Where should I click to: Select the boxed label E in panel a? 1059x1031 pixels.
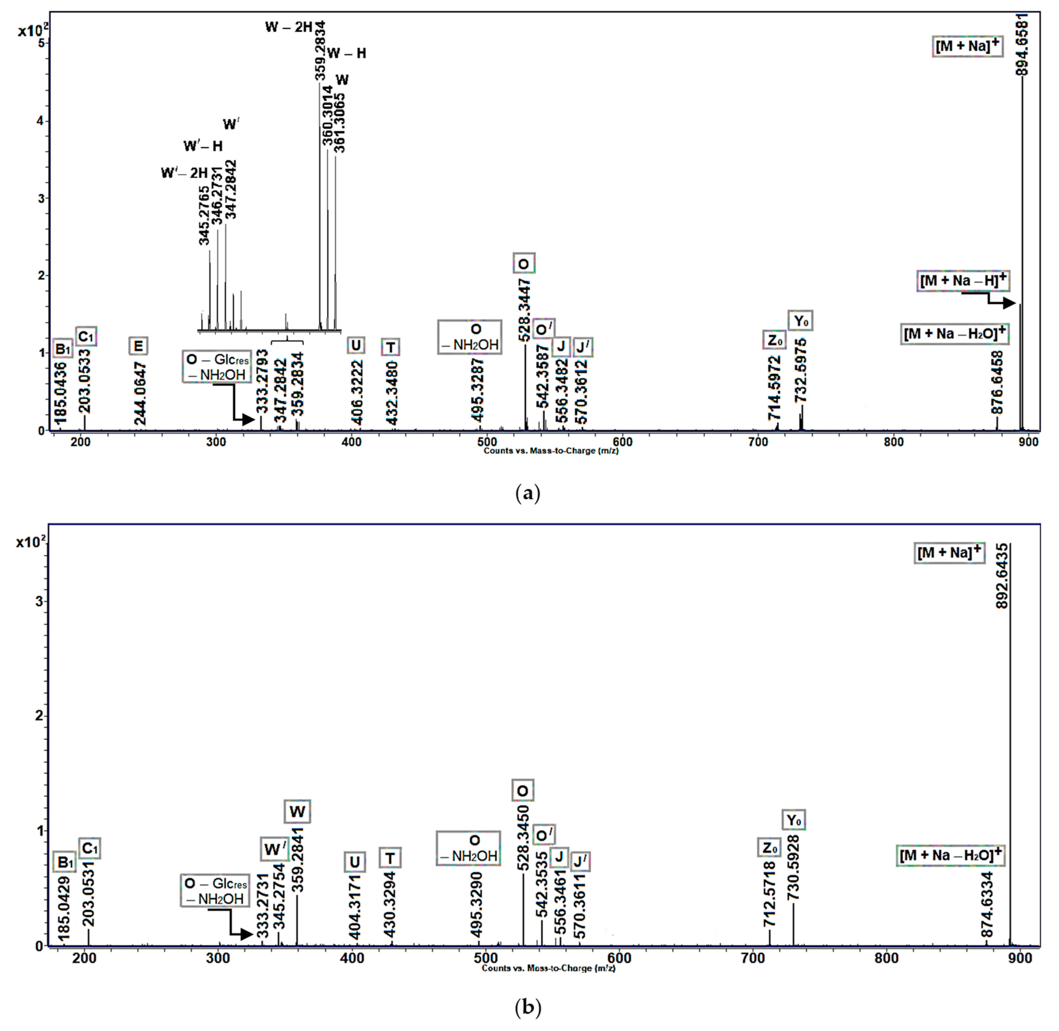click(139, 345)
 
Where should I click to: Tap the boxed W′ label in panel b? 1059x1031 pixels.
click(274, 849)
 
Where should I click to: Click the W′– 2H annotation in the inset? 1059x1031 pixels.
click(185, 173)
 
